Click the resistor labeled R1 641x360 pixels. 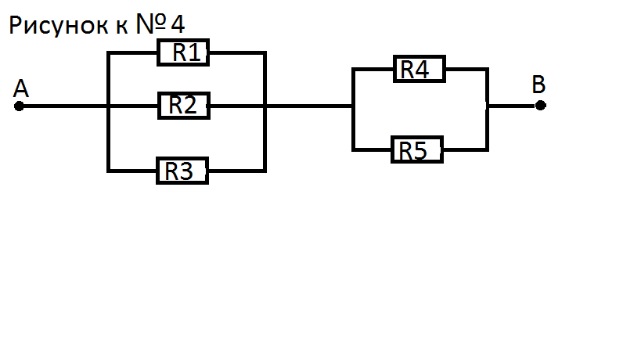point(184,53)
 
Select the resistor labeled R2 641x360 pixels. point(184,105)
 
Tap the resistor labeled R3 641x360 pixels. point(182,170)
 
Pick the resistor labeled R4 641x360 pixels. point(419,70)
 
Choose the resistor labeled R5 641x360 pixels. point(416,149)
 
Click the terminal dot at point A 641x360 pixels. point(19,106)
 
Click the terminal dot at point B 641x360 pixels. point(541,106)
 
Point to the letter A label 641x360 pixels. point(21,88)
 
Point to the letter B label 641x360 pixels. point(538,85)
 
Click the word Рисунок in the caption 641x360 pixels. point(56,26)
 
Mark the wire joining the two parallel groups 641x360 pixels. point(309,106)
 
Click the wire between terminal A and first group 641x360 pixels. point(63,106)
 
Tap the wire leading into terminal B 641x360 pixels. point(513,106)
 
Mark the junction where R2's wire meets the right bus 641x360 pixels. point(265,106)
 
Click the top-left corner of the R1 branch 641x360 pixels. point(109,53)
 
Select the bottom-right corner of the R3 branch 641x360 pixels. point(265,170)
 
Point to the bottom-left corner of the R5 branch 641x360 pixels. point(354,149)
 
